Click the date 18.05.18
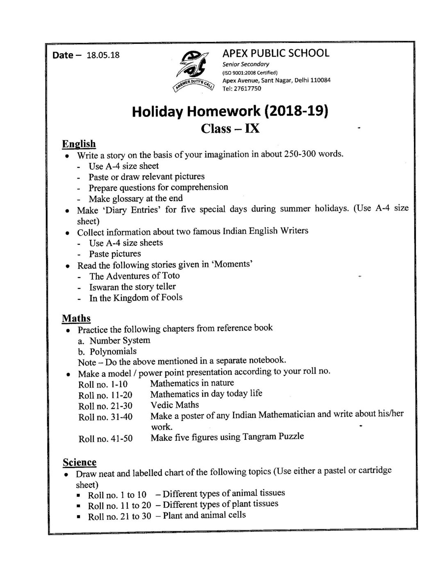[103, 55]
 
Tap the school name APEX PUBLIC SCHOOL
[275, 53]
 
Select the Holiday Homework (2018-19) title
[230, 112]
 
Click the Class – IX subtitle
[230, 129]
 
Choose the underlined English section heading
[79, 144]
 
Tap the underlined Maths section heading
[76, 318]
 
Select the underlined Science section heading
[80, 462]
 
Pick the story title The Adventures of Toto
[134, 276]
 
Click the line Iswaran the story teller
[132, 287]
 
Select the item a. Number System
[114, 340]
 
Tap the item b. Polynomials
[107, 351]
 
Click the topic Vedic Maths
[175, 405]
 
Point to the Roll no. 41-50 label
[105, 438]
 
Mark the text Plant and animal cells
[204, 515]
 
